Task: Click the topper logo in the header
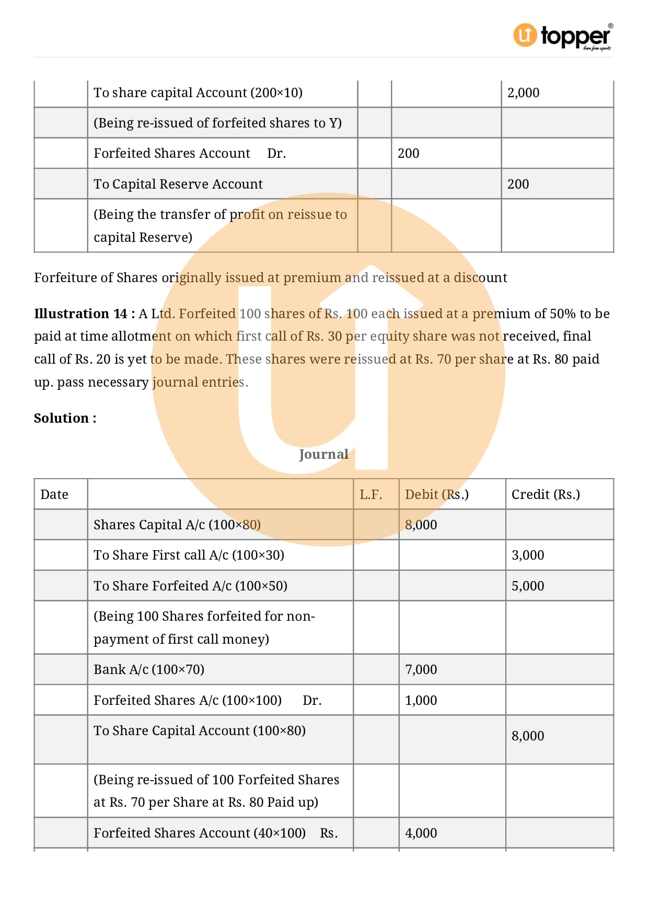coord(563,37)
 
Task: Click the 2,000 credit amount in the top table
coord(523,93)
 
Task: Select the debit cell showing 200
coord(408,154)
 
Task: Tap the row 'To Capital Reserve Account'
coord(178,184)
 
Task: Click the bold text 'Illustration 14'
coord(80,314)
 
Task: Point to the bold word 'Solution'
coord(61,418)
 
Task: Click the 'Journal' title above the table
coord(323,454)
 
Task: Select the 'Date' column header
coord(54,494)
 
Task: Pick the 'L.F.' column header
coord(371,494)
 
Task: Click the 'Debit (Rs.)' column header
coord(436,494)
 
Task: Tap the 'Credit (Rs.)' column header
coord(546,494)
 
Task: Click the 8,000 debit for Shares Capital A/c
coord(421,525)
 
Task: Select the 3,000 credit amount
coord(527,555)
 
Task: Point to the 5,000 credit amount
coord(527,586)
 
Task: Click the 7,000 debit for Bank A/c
coord(421,669)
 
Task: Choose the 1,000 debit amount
coord(421,700)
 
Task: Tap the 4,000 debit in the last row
coord(421,833)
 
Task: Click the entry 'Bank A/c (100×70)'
coord(149,669)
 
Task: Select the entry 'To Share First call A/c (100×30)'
coord(189,555)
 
